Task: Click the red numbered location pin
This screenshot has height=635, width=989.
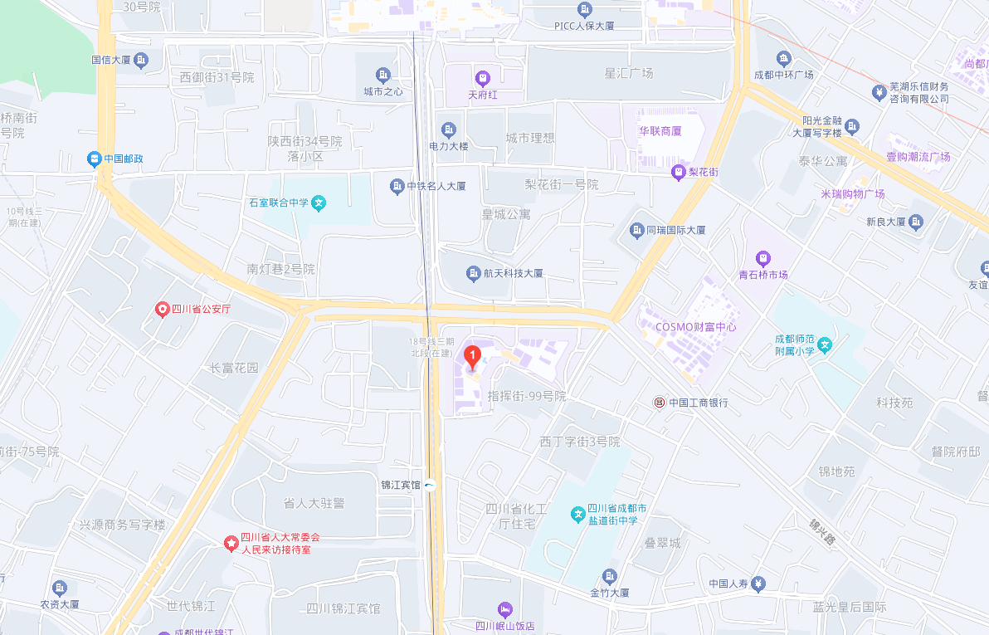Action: coord(472,357)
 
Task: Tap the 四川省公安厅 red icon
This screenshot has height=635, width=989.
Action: coord(163,310)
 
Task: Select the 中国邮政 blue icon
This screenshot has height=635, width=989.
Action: coord(95,158)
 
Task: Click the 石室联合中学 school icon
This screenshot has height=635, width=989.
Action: coord(319,203)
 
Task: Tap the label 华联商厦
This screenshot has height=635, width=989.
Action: coord(660,131)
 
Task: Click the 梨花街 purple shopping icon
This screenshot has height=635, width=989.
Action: coord(679,172)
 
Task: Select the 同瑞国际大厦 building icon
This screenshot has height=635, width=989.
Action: coord(636,230)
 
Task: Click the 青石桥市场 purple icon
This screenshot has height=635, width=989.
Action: coord(763,258)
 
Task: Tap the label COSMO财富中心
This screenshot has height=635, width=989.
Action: coord(695,326)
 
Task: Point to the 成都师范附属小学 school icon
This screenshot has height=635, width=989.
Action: coord(824,345)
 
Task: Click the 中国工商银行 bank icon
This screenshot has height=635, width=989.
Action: coord(659,403)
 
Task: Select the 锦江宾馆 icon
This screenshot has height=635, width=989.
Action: coord(430,485)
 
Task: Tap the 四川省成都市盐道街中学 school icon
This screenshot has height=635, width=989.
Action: coord(577,515)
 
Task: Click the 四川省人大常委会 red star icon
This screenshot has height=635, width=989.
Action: coord(231,543)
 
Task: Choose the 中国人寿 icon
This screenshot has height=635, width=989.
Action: coord(758,584)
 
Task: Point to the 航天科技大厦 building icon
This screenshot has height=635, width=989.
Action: coord(473,273)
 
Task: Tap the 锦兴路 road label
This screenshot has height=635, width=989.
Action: coord(822,531)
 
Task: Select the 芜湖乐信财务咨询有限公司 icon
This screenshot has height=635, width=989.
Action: coord(879,92)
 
